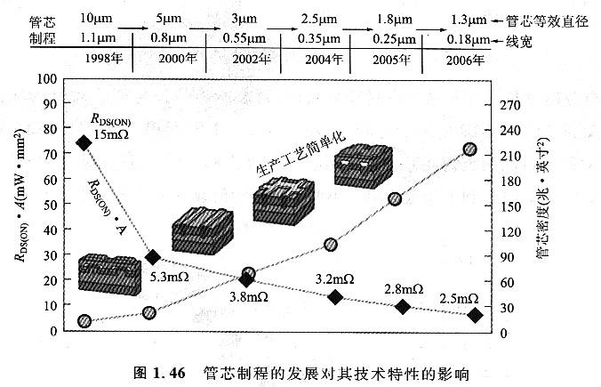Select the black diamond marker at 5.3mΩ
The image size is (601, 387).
(x=153, y=257)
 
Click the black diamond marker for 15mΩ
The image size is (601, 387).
(x=84, y=142)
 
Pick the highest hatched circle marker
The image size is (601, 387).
(x=470, y=149)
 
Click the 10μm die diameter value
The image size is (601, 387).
(x=95, y=18)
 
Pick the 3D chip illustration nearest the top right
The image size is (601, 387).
(x=361, y=167)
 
